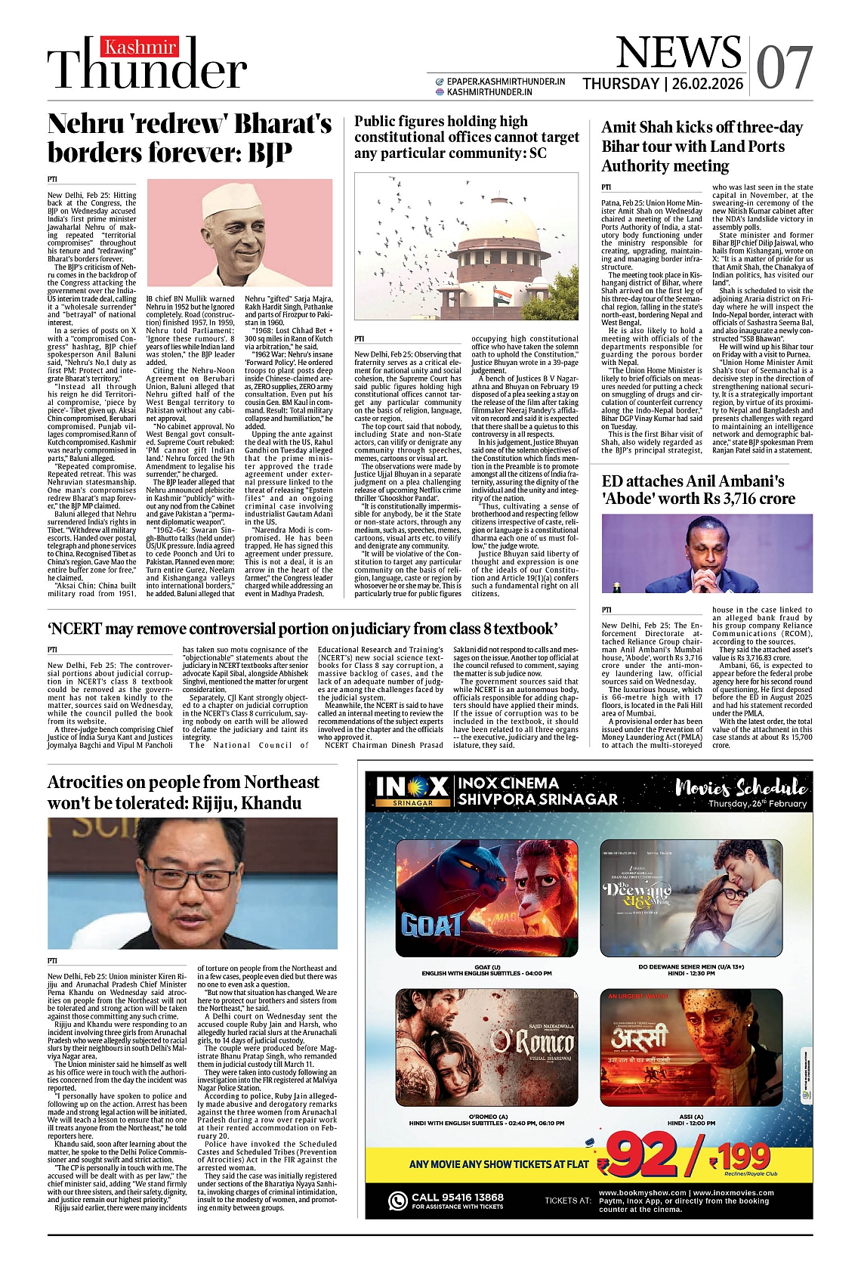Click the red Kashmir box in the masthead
140,48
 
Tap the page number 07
784,68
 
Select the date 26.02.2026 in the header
707,84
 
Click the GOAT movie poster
486,897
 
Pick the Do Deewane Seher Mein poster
691,897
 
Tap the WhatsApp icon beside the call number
398,1201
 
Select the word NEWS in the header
678,53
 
